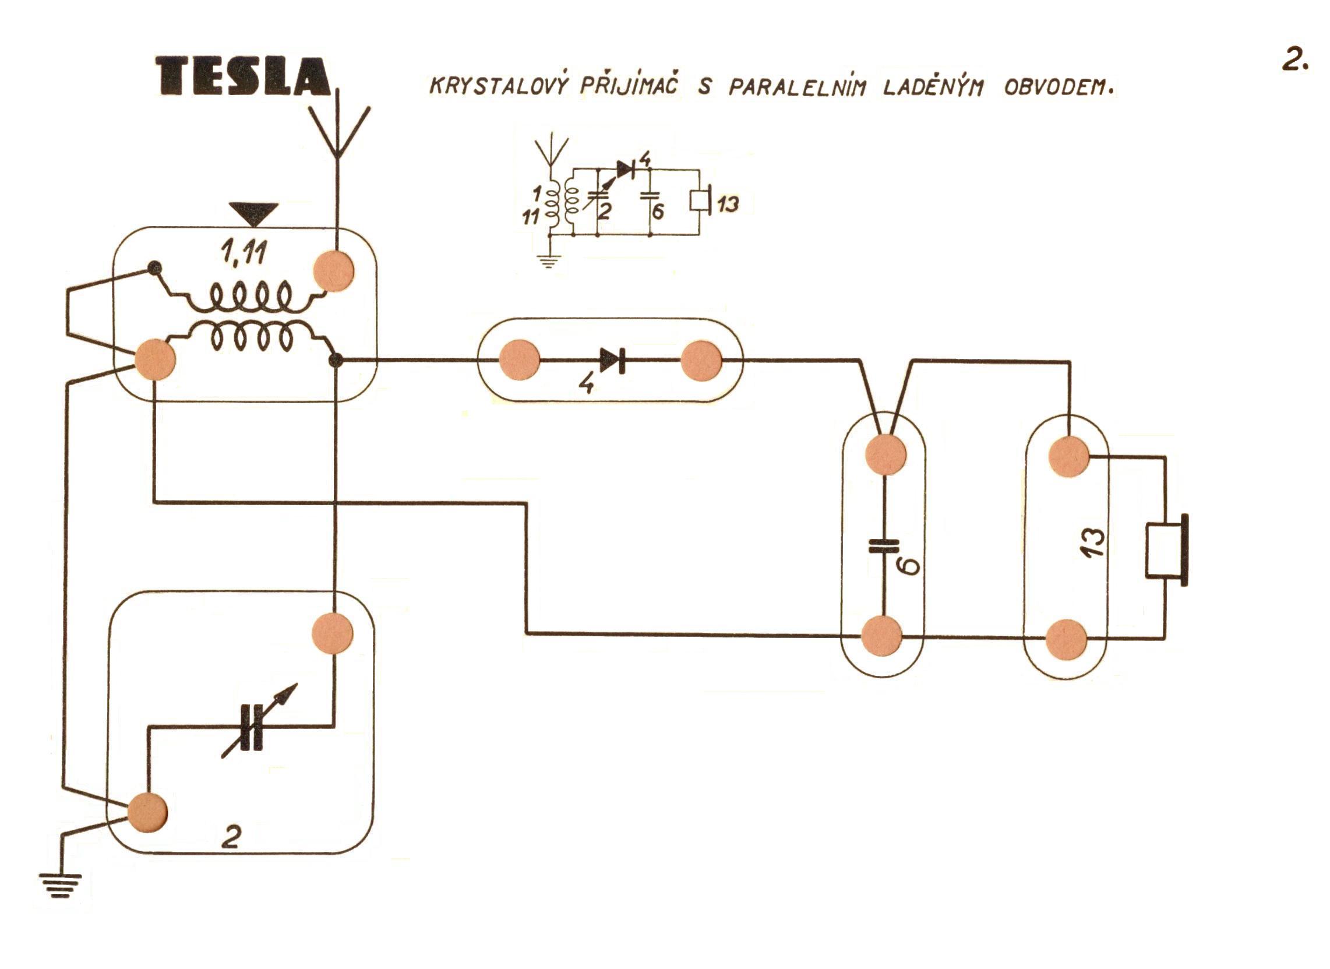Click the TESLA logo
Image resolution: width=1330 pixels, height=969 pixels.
[x=244, y=76]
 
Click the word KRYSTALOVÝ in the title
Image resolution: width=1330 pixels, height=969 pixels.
[x=499, y=86]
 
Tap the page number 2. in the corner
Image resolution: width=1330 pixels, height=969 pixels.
[x=1294, y=59]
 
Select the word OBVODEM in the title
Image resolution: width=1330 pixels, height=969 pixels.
[x=1058, y=87]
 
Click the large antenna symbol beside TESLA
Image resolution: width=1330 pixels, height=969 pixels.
[x=338, y=132]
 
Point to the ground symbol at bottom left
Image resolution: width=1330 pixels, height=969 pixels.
[x=61, y=885]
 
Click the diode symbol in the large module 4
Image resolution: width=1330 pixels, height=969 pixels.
[x=612, y=360]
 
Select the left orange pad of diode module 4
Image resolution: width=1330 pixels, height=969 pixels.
[x=519, y=360]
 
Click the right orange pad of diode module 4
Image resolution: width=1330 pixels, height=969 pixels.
[x=701, y=361]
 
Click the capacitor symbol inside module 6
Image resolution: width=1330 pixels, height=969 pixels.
[x=883, y=546]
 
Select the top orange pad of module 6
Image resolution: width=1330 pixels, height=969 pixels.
[x=886, y=453]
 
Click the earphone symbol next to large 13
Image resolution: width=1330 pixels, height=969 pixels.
[x=1167, y=549]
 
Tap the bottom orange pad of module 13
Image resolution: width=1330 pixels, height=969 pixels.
[x=1067, y=639]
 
